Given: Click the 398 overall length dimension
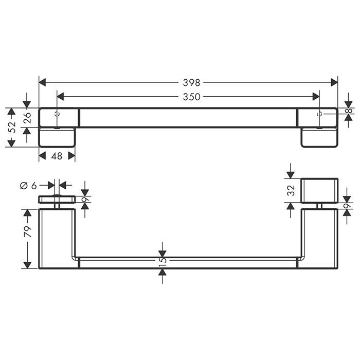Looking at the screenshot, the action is pos(191,82).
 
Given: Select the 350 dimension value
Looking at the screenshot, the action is pos(191,97).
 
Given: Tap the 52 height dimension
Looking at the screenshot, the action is pos(11,128).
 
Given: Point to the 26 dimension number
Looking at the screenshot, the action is pos(27,118).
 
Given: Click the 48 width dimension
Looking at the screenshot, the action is pos(57,156).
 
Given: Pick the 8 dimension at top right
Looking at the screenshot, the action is pos(349,111).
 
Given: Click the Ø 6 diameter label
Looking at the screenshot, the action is pos(28,186).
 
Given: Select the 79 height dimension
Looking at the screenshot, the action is pos(27,231).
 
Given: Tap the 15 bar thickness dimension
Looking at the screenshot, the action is pos(163,261).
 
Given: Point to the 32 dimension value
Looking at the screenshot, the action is pos(291,190).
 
